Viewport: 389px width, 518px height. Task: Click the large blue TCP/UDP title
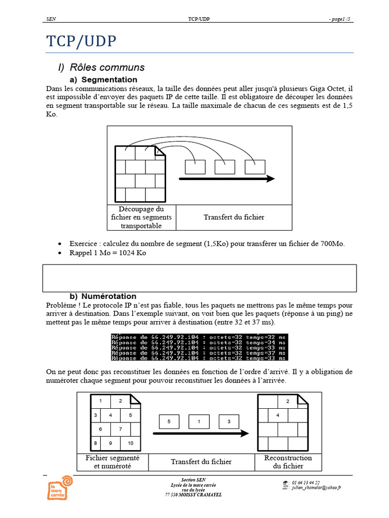click(81, 41)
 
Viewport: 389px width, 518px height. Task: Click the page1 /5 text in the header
click(339, 19)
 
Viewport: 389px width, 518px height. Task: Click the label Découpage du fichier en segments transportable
click(141, 217)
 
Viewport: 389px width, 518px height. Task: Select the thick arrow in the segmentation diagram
click(226, 179)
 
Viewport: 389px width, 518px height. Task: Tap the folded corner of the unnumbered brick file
click(161, 151)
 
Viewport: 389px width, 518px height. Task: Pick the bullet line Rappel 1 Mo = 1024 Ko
click(107, 253)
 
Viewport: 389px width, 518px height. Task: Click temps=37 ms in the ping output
click(266, 353)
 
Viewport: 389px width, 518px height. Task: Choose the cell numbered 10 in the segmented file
click(130, 443)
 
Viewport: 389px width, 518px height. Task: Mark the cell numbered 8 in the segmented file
click(95, 443)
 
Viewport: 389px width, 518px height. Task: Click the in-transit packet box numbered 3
click(228, 421)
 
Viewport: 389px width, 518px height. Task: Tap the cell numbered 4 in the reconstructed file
click(278, 415)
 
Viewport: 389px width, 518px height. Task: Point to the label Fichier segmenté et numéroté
click(112, 461)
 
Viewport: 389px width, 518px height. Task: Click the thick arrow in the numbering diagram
click(201, 434)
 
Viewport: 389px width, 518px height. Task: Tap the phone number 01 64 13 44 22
click(305, 483)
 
